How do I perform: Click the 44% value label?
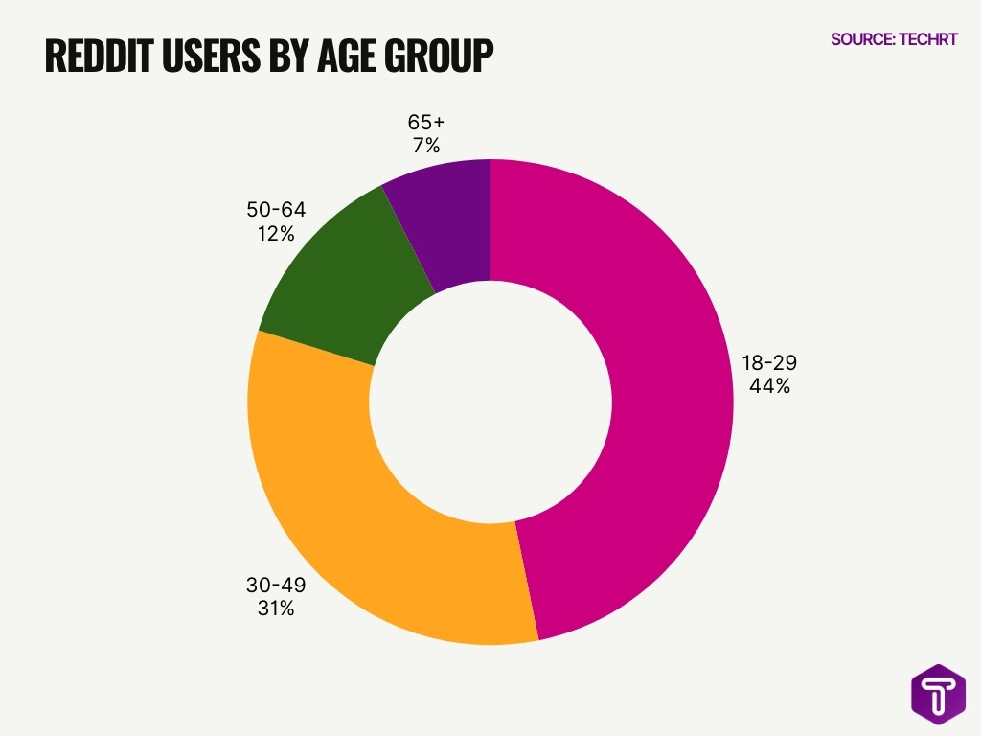click(769, 387)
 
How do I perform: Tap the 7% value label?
click(426, 146)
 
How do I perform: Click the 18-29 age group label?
click(769, 363)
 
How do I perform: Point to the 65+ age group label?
click(426, 122)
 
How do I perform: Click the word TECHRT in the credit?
click(929, 39)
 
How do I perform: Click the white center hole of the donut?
click(490, 402)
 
